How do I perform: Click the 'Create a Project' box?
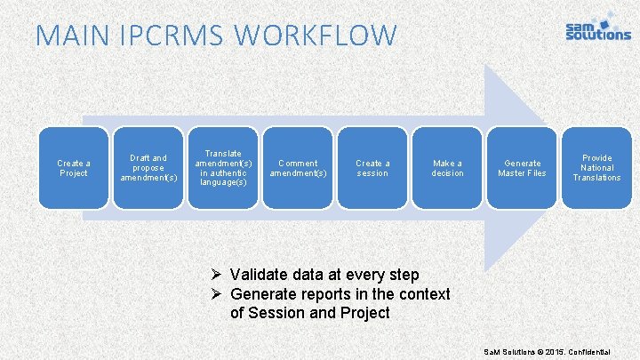[x=73, y=168]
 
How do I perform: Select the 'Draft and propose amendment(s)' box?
[x=148, y=168]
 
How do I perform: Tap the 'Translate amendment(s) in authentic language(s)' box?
[x=223, y=168]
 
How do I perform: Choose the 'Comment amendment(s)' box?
[x=298, y=168]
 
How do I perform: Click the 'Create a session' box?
[x=372, y=168]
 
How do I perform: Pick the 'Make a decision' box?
[x=447, y=168]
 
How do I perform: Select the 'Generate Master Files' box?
[x=522, y=168]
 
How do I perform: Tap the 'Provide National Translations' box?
[x=596, y=168]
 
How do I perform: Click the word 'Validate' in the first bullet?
[x=260, y=276]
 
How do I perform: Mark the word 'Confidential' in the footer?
[x=608, y=353]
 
